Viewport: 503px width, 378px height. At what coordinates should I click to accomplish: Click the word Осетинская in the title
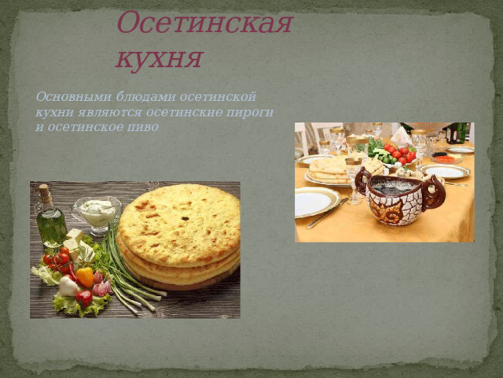(204, 24)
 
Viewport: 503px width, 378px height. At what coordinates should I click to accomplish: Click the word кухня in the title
(160, 57)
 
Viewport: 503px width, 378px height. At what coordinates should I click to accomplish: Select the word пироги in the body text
(253, 112)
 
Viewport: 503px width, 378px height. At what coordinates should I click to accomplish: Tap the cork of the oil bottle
(45, 191)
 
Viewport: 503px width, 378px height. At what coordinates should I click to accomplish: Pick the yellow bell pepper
(85, 276)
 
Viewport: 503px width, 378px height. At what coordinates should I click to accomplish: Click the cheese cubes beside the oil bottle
(75, 239)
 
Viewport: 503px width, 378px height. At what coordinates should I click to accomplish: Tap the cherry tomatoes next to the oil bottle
(57, 258)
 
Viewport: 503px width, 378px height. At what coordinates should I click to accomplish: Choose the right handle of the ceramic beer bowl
(434, 192)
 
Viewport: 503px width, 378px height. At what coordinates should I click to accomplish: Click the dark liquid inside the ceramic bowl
(393, 187)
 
